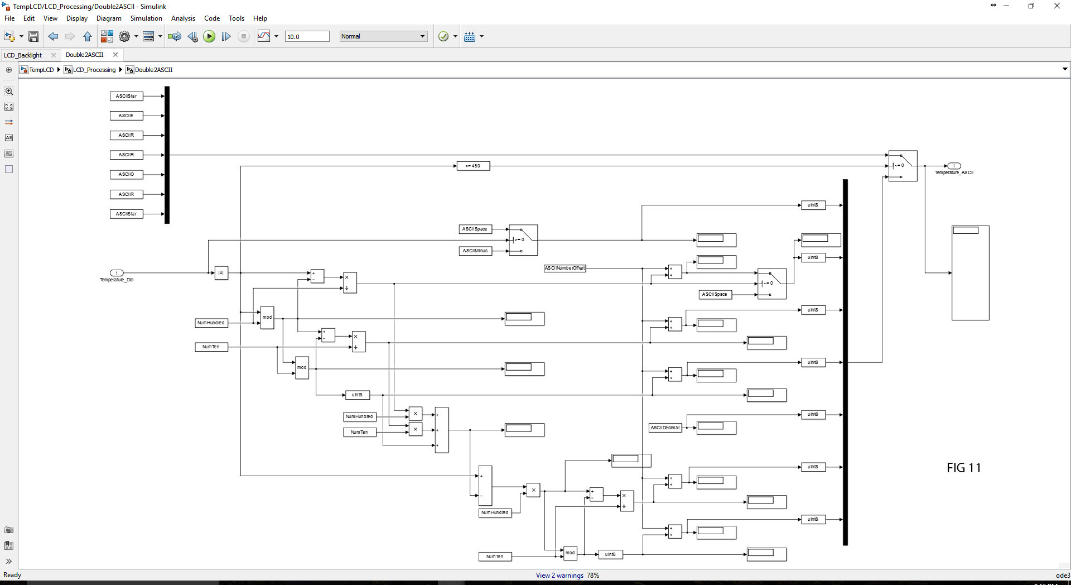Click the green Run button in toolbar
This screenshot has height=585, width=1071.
pos(209,36)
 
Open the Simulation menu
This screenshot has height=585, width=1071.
pos(146,18)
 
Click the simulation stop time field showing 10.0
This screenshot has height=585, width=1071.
pos(307,36)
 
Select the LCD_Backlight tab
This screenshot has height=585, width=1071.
pos(23,55)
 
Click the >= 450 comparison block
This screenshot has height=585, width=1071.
pos(473,166)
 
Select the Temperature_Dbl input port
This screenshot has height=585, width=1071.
pos(117,273)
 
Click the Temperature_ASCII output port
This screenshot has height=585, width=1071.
pos(954,166)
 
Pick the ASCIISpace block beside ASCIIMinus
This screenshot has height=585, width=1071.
pos(475,229)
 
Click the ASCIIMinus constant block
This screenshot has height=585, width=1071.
pos(475,251)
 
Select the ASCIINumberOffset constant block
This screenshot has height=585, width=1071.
pos(565,268)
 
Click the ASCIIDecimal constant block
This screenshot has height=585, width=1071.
pos(665,428)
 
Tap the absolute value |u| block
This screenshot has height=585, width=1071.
pos(221,273)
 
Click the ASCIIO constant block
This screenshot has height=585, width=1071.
pos(126,174)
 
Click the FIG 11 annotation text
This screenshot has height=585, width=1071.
pos(963,468)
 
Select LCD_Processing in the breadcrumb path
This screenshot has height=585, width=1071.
pos(94,70)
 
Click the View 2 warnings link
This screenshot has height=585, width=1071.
pos(559,576)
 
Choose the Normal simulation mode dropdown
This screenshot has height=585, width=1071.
pos(383,36)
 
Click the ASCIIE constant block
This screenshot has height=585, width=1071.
pos(126,116)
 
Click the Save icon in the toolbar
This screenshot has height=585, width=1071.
pos(33,36)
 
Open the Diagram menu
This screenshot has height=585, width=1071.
pos(109,18)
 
